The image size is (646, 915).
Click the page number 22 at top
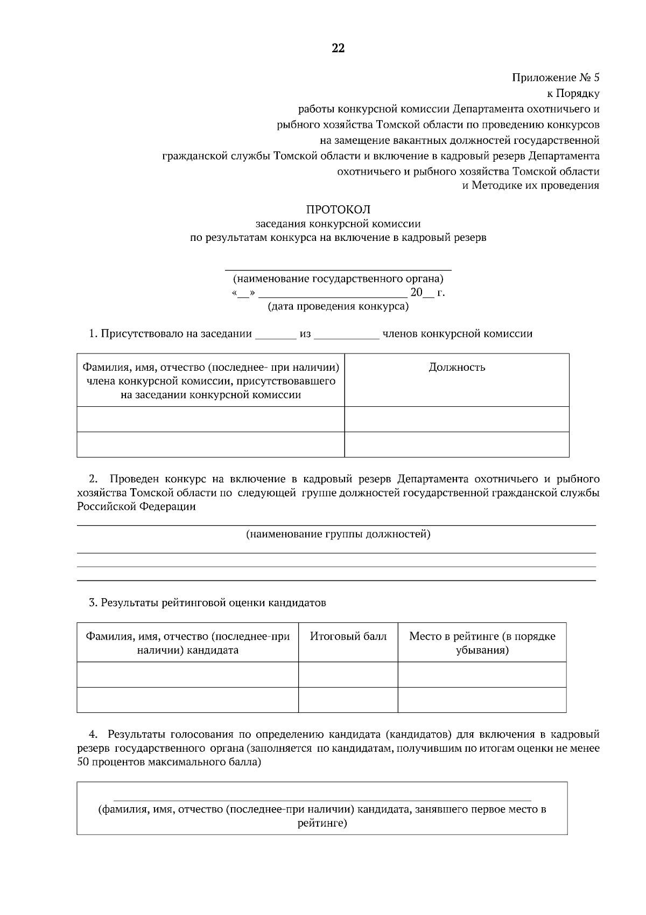click(x=338, y=48)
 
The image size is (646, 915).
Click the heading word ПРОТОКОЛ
click(x=338, y=209)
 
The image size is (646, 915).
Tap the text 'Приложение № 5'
click(x=555, y=78)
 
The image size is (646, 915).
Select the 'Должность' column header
click(x=457, y=368)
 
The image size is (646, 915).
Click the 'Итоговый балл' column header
click(x=348, y=636)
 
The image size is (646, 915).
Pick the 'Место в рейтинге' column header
click(x=482, y=643)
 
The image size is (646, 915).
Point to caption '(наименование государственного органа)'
click(x=338, y=279)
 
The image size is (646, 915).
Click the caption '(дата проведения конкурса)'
click(x=338, y=307)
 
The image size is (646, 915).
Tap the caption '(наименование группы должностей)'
click(x=338, y=535)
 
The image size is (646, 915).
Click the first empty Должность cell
click(x=457, y=419)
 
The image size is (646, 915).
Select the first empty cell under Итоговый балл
click(x=348, y=674)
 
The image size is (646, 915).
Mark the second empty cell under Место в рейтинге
click(x=482, y=699)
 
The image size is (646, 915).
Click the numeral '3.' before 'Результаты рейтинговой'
click(x=93, y=603)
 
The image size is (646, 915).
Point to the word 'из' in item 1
click(x=305, y=334)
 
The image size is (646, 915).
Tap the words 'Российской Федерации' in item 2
click(x=136, y=507)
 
